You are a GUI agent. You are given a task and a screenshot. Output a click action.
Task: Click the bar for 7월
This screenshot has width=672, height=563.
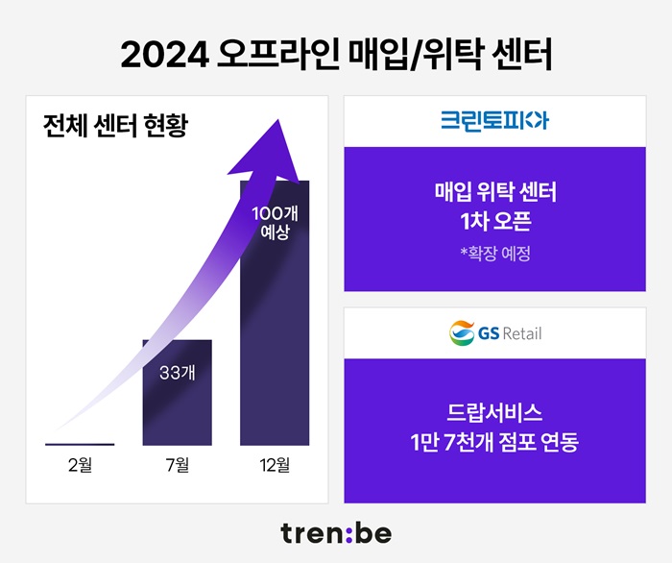178,404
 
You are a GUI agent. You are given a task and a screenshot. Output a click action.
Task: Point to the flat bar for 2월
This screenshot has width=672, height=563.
80,444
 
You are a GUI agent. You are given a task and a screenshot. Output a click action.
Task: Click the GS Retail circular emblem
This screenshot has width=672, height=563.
463,333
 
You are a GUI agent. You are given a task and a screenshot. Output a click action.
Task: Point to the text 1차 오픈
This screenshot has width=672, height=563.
495,222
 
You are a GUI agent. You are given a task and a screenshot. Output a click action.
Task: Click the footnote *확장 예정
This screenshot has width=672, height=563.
495,255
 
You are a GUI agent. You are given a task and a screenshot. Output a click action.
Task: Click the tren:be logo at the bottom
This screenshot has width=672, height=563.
336,532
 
